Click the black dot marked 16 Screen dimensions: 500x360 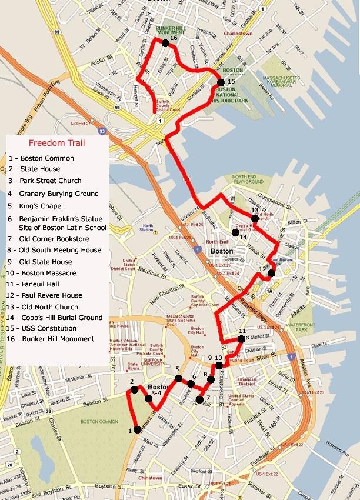(x=166, y=42)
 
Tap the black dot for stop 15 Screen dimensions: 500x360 (x=221, y=82)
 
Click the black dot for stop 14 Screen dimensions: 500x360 (x=235, y=233)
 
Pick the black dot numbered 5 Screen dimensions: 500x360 (x=178, y=378)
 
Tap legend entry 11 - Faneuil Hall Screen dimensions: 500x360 (x=41, y=284)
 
